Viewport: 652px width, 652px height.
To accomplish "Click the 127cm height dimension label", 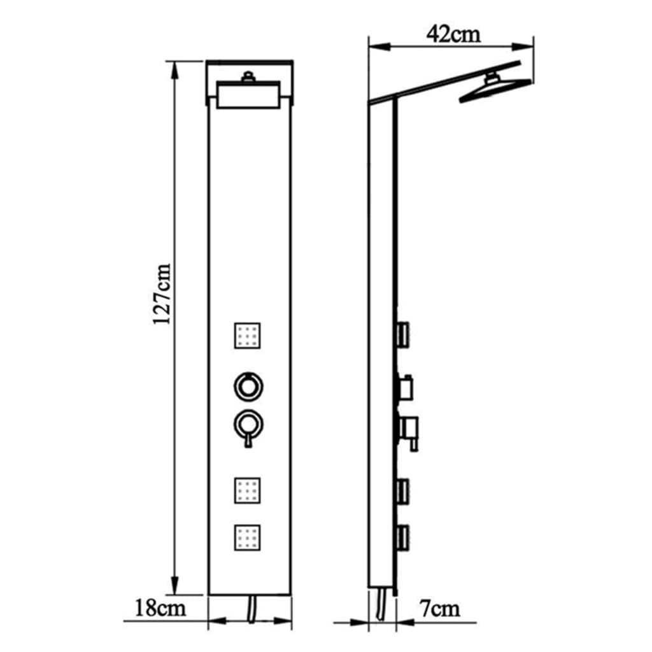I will (161, 294).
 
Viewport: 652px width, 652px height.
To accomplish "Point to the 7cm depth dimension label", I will (439, 609).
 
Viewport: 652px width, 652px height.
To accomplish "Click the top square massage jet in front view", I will (247, 336).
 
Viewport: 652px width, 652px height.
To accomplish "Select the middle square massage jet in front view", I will (247, 491).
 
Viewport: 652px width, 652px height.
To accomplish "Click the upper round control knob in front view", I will (248, 385).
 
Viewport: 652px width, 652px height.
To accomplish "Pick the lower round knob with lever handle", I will (248, 425).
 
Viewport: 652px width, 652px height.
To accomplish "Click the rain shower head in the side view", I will (494, 89).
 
